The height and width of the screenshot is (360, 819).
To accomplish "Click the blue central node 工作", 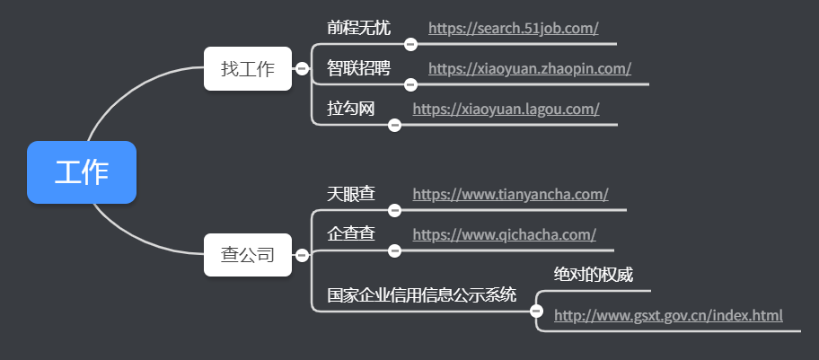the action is pos(82,172).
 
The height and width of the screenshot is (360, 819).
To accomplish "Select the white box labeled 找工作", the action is pos(247,69).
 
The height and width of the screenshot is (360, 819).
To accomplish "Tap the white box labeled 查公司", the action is pos(247,255).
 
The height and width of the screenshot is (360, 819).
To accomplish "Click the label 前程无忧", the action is pos(358,28).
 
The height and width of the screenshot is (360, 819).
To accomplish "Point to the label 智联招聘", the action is pos(358,68).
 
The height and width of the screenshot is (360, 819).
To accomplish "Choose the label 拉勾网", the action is pos(350,109).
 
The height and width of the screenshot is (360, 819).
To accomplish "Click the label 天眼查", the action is pos(350,193).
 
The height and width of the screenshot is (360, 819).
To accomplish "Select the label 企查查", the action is pos(350,234).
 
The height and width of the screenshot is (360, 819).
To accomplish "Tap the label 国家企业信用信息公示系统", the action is pos(421,294).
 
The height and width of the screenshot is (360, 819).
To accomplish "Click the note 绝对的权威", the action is pos(594,275).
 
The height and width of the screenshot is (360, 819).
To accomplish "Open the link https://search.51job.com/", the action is pos(513,29).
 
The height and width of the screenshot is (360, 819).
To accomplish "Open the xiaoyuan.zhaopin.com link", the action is pos(529,69).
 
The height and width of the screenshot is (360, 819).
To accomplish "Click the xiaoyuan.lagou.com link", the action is pos(506,110).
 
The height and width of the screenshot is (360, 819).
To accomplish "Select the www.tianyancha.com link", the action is pos(510,194).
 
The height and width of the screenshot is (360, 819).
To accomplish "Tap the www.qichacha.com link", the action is pos(504,235).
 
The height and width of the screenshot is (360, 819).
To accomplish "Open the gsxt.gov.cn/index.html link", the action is pos(668,316).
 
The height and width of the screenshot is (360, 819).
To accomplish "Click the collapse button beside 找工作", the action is pos(302,68).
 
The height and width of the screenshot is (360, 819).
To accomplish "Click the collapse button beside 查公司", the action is pos(302,256).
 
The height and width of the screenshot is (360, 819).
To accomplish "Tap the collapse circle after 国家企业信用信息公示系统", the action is pos(537,312).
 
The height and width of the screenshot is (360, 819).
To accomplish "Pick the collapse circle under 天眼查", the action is pos(394,210).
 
